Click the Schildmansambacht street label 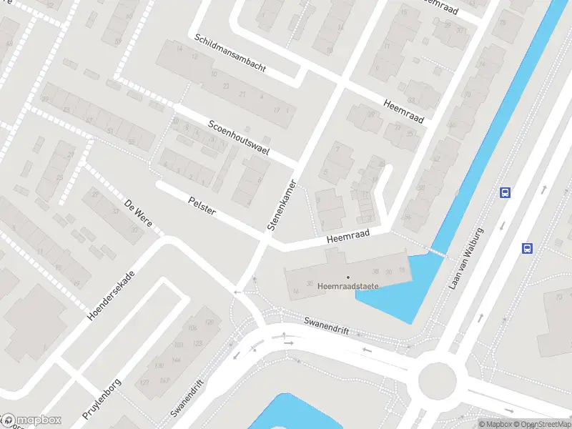(x=228, y=54)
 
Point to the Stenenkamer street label (x=281, y=202)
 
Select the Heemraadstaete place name (x=348, y=287)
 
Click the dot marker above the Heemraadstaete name (x=348, y=277)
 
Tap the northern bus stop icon (x=505, y=192)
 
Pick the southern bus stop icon (x=527, y=249)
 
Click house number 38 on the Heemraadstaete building (x=375, y=272)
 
